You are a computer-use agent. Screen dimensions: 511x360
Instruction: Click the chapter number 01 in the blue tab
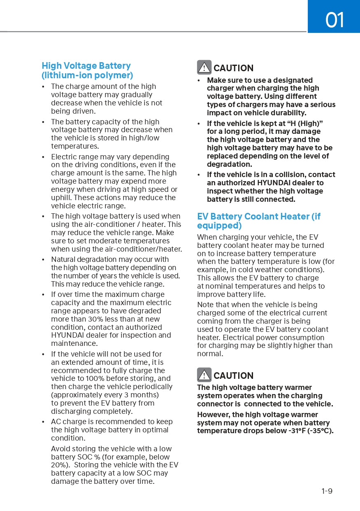coord(334,20)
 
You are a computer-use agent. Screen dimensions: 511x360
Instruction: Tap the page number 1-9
coord(327,491)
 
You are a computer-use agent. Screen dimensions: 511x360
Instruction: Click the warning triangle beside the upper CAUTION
coord(204,68)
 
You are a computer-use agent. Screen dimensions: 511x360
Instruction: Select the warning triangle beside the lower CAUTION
coord(204,375)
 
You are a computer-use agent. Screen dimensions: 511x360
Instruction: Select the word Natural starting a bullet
coord(64,259)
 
